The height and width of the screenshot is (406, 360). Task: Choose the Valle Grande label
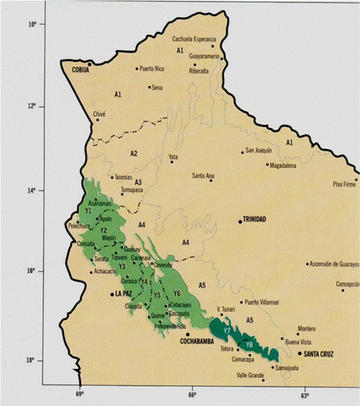tap(251, 376)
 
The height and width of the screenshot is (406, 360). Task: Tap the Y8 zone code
tap(250, 344)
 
